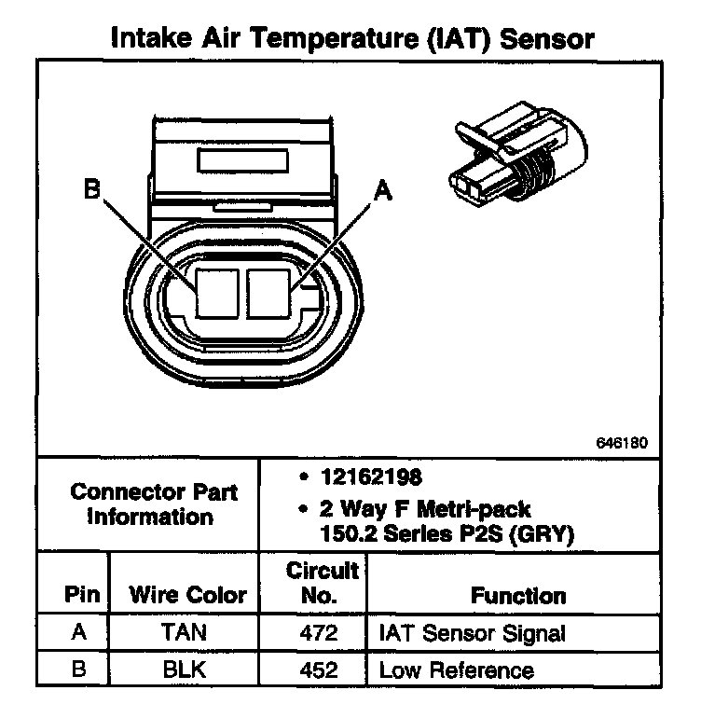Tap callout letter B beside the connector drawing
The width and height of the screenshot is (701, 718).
click(x=90, y=189)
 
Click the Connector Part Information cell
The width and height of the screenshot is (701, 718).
click(x=149, y=504)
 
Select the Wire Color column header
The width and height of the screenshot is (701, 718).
click(x=187, y=594)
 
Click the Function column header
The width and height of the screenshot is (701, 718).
click(x=517, y=595)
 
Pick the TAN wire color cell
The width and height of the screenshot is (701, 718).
click(x=186, y=634)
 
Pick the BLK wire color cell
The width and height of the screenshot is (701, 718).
click(x=186, y=670)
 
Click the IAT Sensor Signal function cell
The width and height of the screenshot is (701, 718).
click(x=472, y=634)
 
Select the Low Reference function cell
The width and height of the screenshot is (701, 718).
click(x=456, y=670)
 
